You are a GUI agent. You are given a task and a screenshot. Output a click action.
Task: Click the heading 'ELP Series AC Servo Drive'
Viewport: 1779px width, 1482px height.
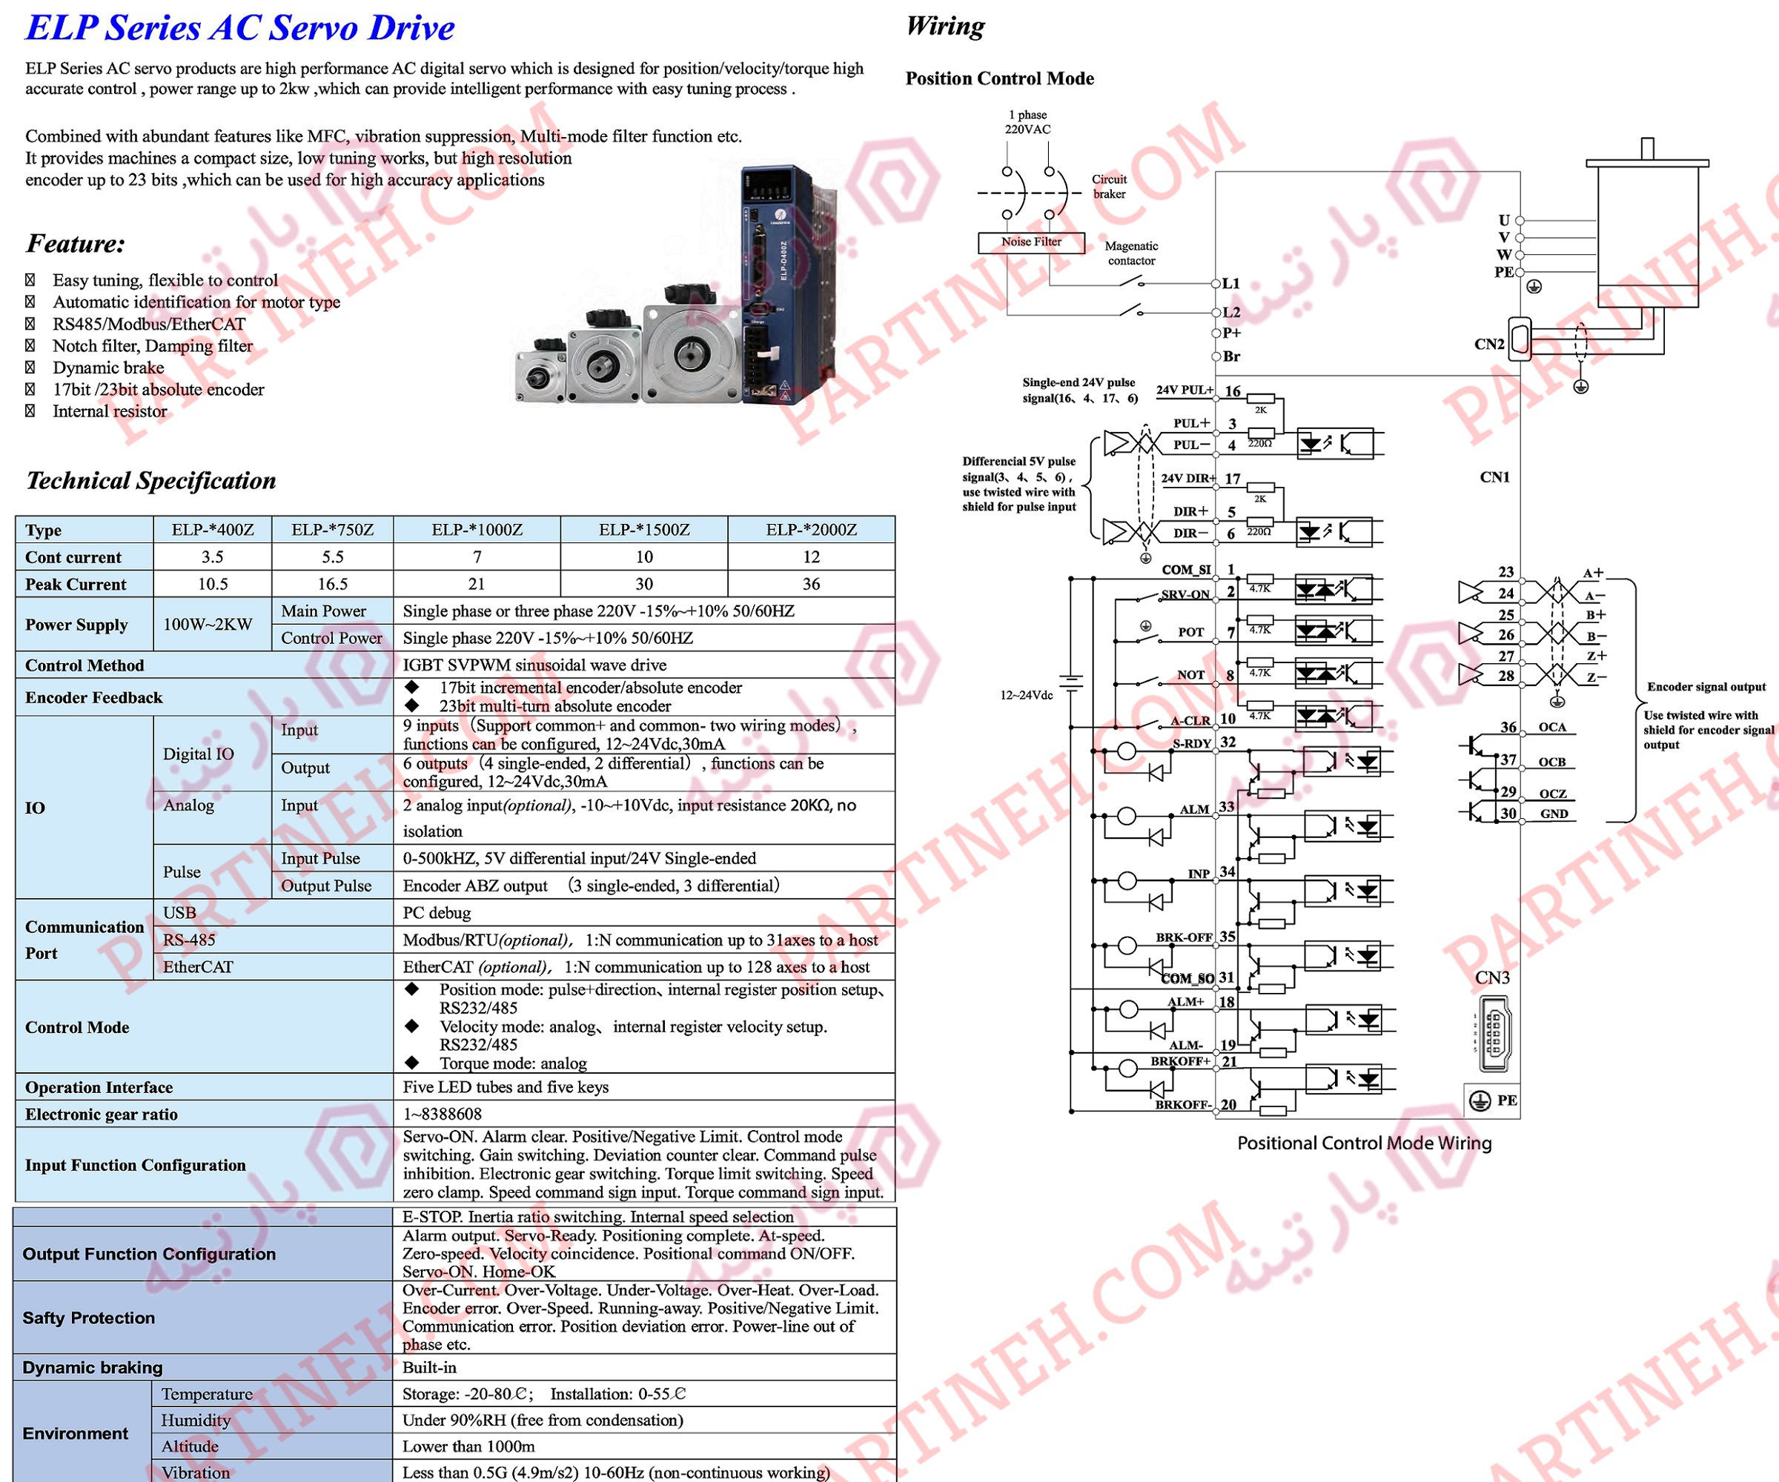[239, 28]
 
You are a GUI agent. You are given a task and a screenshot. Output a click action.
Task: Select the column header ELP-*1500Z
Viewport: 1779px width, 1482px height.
[644, 530]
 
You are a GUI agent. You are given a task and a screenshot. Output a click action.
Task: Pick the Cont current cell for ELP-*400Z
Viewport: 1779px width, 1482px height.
[212, 557]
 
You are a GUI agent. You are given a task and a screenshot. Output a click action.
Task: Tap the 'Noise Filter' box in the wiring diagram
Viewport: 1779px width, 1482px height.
[1031, 242]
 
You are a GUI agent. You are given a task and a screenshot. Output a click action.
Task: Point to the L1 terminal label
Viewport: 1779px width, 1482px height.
[1231, 284]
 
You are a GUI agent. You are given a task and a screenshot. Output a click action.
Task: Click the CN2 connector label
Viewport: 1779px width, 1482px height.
[1489, 345]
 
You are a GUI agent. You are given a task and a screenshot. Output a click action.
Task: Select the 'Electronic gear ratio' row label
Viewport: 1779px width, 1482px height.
[102, 1114]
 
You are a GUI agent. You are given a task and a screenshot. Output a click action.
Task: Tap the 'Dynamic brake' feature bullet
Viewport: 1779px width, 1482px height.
[108, 368]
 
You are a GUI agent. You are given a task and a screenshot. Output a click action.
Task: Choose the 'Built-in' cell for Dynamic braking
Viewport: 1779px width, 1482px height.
[429, 1368]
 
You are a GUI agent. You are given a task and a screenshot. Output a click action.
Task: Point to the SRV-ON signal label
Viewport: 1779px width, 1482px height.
[1185, 594]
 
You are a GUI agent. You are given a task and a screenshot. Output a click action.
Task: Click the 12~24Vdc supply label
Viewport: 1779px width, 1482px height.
[1026, 695]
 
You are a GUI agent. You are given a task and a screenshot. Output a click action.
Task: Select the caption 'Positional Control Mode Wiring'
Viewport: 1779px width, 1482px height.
[1364, 1143]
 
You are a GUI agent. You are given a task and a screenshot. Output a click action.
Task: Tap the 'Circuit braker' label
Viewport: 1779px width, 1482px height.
[1109, 186]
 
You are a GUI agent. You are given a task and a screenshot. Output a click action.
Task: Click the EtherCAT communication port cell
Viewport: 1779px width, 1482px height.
[198, 967]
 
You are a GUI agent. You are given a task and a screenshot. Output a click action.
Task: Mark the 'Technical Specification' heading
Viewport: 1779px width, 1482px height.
[150, 481]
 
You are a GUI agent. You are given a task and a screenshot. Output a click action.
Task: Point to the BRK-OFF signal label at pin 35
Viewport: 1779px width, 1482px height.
[1184, 937]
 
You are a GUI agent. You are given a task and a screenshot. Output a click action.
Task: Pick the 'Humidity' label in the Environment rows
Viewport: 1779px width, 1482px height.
[196, 1420]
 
